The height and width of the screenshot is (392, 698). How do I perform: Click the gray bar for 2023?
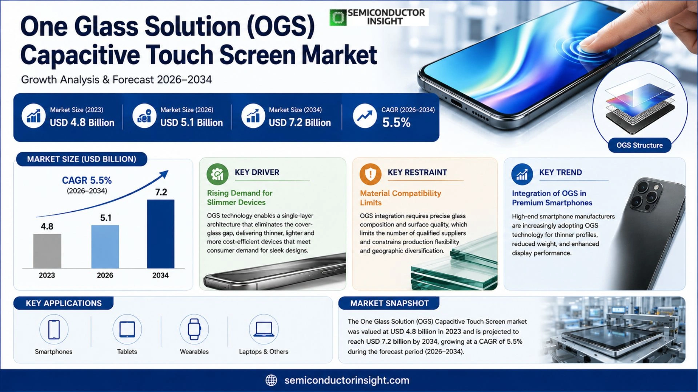point(47,251)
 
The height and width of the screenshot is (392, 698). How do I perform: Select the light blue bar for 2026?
point(105,247)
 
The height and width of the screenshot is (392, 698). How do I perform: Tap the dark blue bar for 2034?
point(161,234)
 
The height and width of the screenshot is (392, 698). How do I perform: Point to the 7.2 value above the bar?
point(161,192)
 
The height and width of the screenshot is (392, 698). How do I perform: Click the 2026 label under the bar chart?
point(105,275)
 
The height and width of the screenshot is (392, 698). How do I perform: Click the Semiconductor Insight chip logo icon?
point(338,17)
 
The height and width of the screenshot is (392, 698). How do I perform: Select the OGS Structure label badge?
point(639,145)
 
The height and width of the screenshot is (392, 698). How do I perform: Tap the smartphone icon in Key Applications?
point(54,329)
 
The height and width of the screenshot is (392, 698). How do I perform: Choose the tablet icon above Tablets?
point(127,329)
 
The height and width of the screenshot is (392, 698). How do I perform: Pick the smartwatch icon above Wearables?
point(194,329)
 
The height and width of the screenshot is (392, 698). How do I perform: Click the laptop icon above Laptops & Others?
point(264,329)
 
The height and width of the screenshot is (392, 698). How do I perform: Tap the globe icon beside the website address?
point(271,380)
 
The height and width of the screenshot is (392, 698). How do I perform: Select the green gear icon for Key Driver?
point(217,174)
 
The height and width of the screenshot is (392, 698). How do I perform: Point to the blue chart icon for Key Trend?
point(522,174)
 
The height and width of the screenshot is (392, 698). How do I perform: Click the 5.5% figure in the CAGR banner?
point(396,123)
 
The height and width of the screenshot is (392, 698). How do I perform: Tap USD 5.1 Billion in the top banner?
point(192,123)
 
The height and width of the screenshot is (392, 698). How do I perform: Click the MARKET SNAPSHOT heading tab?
point(389,303)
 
